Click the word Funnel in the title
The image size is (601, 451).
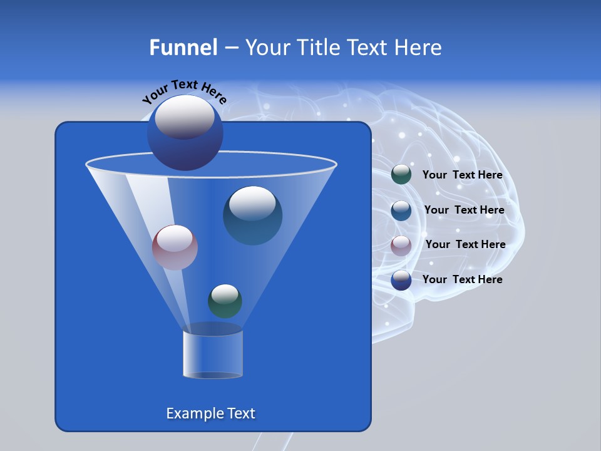183,48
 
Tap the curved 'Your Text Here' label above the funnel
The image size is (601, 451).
184,91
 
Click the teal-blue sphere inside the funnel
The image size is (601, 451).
252,216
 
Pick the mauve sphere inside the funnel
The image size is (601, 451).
175,247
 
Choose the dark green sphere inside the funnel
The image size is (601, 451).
225,301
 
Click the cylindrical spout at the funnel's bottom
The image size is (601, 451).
212,353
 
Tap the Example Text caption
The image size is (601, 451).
210,413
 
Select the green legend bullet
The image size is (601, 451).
401,175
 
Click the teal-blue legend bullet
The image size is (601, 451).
401,210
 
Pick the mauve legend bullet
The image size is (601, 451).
401,245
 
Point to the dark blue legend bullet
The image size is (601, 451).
401,280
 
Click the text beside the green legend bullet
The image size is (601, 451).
462,175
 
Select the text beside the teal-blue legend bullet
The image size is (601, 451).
464,210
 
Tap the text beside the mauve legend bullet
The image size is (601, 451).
465,245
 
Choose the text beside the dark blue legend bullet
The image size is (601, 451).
462,280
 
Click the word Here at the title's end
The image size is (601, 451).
419,48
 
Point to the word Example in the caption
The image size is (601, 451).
192,413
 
